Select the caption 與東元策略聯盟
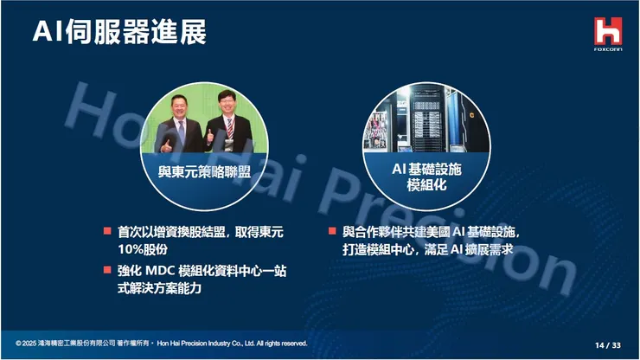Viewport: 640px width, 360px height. pos(204,171)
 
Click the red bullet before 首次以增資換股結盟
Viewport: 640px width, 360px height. pos(107,231)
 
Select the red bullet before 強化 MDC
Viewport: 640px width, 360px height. pos(107,270)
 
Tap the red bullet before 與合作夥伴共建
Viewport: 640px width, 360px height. pos(333,231)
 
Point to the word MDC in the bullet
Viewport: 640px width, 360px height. pos(166,271)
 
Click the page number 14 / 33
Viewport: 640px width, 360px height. pos(607,344)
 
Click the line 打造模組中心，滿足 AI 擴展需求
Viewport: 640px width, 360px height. pos(428,250)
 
